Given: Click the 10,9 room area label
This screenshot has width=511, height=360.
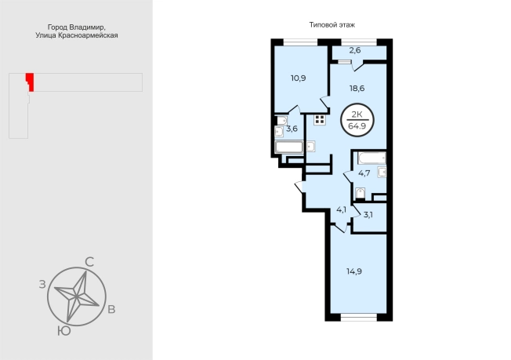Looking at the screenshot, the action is pyautogui.click(x=298, y=78).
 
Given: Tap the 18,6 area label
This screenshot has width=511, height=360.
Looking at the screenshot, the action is pyautogui.click(x=357, y=89).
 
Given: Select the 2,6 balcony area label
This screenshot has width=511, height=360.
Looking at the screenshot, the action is pyautogui.click(x=355, y=50).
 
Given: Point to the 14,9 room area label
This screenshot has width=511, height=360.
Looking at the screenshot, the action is pyautogui.click(x=354, y=271).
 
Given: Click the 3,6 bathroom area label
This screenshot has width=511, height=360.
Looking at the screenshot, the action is pyautogui.click(x=292, y=129).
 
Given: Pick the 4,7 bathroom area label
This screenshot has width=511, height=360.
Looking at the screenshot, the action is pyautogui.click(x=364, y=173).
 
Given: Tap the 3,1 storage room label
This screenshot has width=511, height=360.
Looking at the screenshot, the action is pyautogui.click(x=368, y=215).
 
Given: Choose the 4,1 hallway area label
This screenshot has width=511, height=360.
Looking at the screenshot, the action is pyautogui.click(x=341, y=209).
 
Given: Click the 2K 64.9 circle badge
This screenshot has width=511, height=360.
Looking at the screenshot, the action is pyautogui.click(x=357, y=120).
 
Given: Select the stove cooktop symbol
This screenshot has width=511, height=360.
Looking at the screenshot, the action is pyautogui.click(x=320, y=120).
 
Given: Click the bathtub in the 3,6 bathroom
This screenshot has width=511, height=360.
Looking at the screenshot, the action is pyautogui.click(x=289, y=147).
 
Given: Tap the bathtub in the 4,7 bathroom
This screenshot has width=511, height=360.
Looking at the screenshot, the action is pyautogui.click(x=371, y=158).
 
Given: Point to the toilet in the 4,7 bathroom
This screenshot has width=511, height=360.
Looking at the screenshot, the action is pyautogui.click(x=360, y=193).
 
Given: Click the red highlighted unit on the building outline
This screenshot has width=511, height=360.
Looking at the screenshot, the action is pyautogui.click(x=31, y=82).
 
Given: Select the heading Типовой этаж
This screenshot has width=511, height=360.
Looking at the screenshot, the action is pyautogui.click(x=332, y=25).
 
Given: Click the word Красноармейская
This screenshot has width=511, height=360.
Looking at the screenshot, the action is pyautogui.click(x=88, y=35).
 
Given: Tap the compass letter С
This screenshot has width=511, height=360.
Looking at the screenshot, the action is pyautogui.click(x=89, y=262).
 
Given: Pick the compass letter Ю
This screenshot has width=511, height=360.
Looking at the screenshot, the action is pyautogui.click(x=64, y=331).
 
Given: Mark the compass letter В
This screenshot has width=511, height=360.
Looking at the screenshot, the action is pyautogui.click(x=111, y=309).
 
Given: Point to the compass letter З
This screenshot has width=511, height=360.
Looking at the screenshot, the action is pyautogui.click(x=42, y=285).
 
